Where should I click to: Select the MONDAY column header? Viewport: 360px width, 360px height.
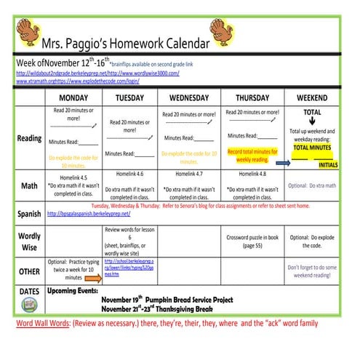[x=74, y=97]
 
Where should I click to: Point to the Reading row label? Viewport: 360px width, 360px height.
[x=28, y=138]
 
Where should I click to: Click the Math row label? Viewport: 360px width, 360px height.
[x=29, y=186]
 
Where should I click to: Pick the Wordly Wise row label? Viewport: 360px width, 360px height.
[x=29, y=241]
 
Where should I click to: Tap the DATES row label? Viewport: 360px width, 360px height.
[x=29, y=291]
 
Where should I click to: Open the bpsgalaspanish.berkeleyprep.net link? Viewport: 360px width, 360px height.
[x=88, y=215]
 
